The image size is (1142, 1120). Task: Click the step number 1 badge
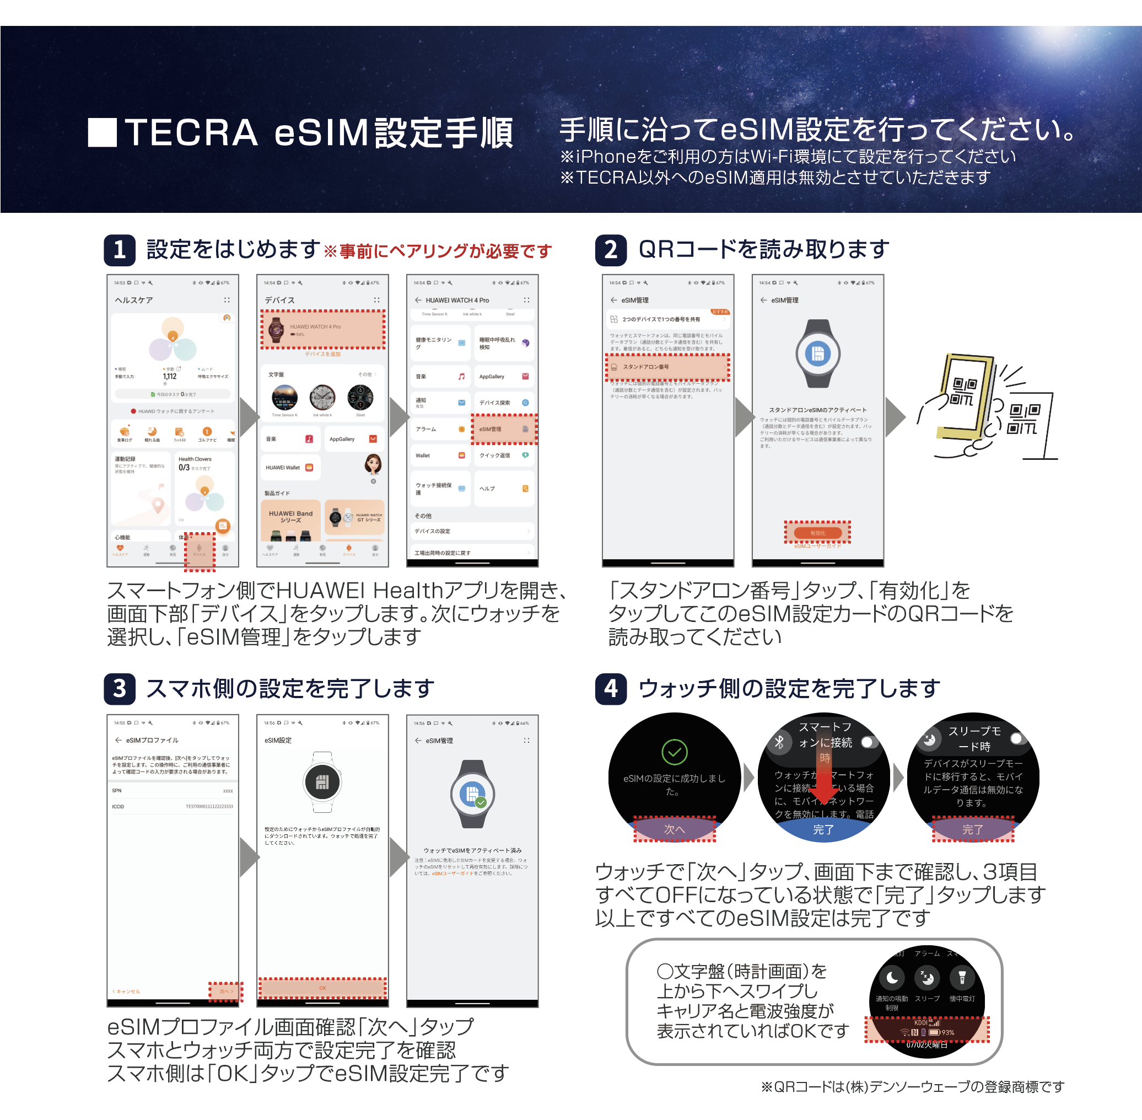click(x=120, y=250)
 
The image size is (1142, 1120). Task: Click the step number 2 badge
click(x=611, y=250)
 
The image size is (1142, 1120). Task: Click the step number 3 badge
click(x=120, y=688)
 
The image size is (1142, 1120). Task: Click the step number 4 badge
click(x=611, y=688)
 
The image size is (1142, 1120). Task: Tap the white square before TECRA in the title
click(x=103, y=132)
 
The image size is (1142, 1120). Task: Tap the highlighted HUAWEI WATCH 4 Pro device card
click(x=323, y=329)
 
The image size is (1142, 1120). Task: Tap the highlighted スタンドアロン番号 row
click(x=667, y=367)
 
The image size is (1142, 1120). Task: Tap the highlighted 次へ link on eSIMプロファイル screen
click(x=226, y=991)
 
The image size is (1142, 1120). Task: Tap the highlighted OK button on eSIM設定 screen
click(x=323, y=988)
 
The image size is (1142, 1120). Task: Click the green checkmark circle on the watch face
click(x=675, y=752)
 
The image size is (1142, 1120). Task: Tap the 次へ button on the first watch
click(x=675, y=829)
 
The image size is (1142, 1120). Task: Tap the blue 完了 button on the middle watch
click(x=823, y=829)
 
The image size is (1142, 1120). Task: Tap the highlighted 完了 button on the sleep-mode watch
click(x=973, y=829)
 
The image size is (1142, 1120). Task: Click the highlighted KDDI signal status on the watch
click(x=926, y=1029)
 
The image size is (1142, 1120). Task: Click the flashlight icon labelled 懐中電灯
click(x=962, y=978)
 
